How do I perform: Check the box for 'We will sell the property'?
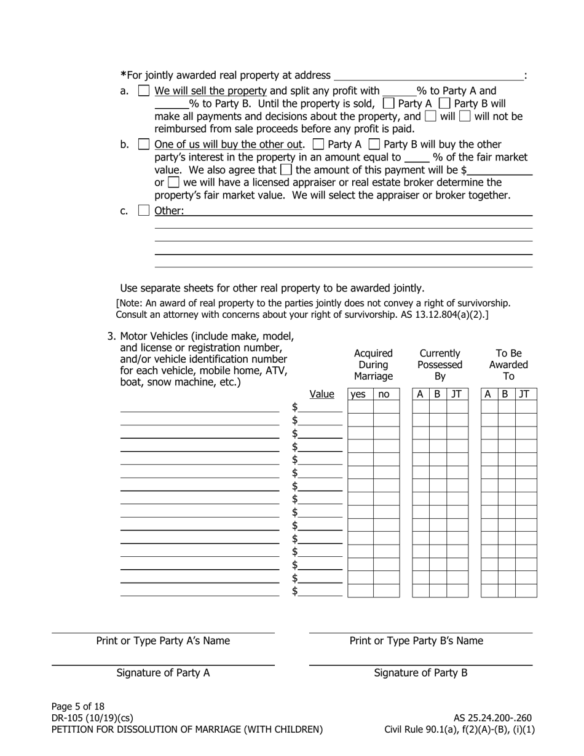click(x=144, y=91)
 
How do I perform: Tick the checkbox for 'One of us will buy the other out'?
click(x=144, y=144)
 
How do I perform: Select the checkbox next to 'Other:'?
click(x=144, y=210)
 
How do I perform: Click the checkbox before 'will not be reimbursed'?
click(x=465, y=116)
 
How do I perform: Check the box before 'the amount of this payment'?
click(x=286, y=170)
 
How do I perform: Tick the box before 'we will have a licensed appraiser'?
click(x=173, y=183)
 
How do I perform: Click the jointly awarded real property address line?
click(x=428, y=76)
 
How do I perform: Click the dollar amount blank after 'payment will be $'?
click(x=499, y=171)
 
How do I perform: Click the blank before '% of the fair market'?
click(x=416, y=158)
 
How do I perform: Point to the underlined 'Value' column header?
click(x=322, y=394)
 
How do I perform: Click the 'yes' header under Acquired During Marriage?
click(x=357, y=395)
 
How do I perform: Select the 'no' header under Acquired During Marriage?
click(x=384, y=395)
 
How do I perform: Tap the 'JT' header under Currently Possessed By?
click(x=456, y=395)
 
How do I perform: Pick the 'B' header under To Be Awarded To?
click(x=505, y=395)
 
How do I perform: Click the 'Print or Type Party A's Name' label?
click(x=163, y=640)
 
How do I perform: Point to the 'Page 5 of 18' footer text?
click(x=78, y=706)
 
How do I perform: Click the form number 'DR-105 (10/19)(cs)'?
click(x=92, y=718)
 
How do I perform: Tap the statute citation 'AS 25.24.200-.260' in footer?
click(x=492, y=718)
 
